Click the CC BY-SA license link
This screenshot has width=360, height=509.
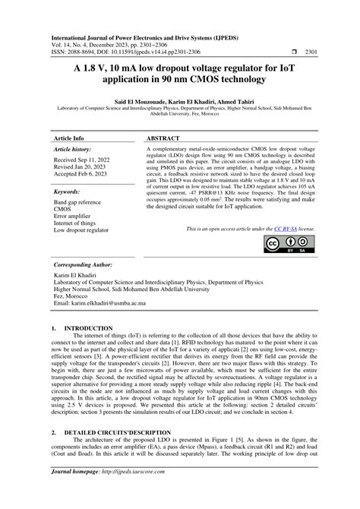[x=285, y=227]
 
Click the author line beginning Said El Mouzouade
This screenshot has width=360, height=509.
[x=180, y=100]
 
